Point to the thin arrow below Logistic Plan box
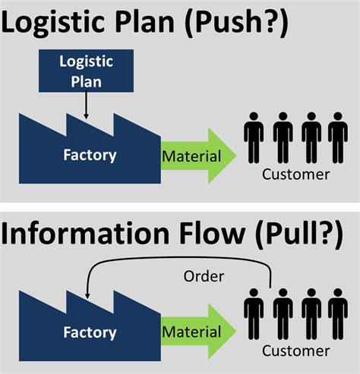[87, 106]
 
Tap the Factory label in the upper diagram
[90, 156]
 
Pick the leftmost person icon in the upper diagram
[254, 139]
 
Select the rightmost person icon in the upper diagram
[337, 139]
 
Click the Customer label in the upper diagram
[296, 174]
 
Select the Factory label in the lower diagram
[90, 332]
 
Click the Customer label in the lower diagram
[296, 350]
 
